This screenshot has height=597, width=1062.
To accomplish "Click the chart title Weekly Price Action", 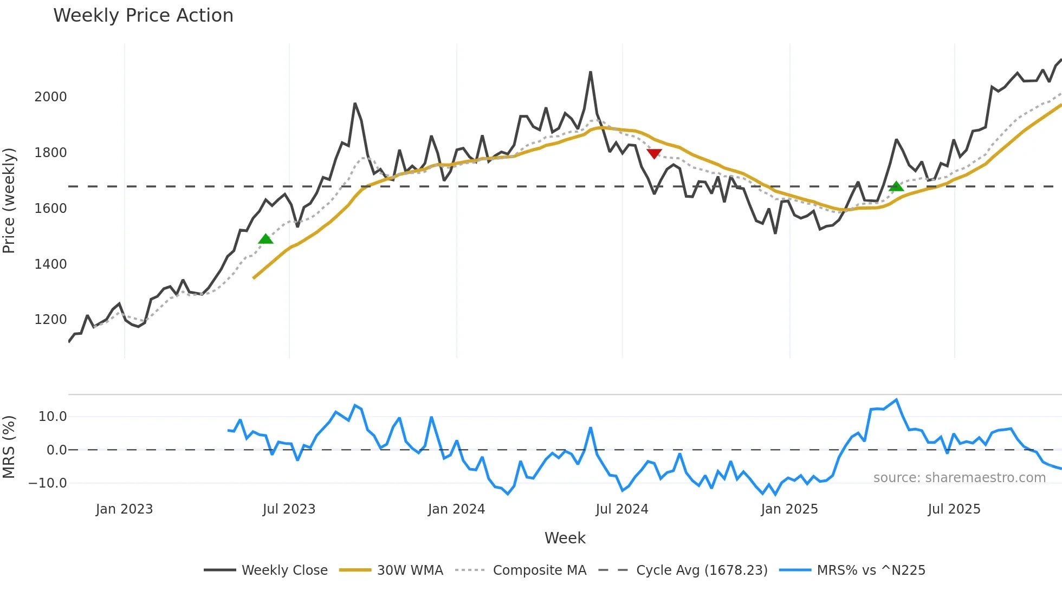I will click(143, 16).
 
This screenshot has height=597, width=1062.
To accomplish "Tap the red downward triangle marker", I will click(655, 154).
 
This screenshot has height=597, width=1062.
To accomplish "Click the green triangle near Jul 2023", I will click(265, 239).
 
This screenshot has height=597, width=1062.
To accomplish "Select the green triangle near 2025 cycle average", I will click(896, 186).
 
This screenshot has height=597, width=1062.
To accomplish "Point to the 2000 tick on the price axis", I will click(50, 97).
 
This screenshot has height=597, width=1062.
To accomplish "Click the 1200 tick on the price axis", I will click(50, 320).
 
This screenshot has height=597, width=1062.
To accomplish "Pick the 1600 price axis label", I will click(50, 209).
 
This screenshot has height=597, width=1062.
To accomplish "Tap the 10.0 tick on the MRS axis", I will click(53, 417).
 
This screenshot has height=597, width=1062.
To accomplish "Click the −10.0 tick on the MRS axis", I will click(48, 483).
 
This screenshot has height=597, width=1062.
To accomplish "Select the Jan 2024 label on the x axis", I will click(456, 509).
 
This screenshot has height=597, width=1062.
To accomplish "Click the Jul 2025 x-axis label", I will click(954, 509).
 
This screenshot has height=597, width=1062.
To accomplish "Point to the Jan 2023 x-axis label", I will click(124, 509).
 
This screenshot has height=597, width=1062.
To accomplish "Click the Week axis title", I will click(565, 538).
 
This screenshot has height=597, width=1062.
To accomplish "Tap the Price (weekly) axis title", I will click(9, 200).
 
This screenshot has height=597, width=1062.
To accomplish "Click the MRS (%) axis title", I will click(9, 447).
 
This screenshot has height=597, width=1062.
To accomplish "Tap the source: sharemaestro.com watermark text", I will click(959, 478).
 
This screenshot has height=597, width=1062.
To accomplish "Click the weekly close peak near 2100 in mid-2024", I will click(591, 72).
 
